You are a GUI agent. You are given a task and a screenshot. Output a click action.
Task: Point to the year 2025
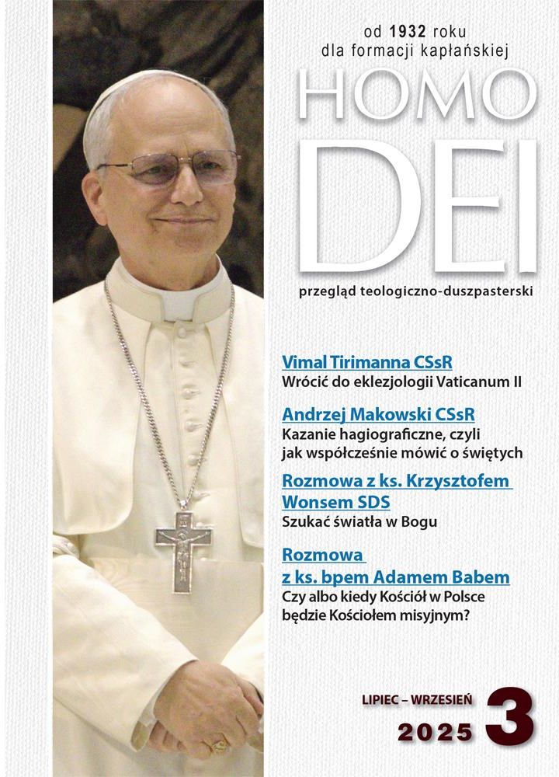coord(436,731)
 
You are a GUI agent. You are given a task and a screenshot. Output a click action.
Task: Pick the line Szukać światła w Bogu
coord(359,521)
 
